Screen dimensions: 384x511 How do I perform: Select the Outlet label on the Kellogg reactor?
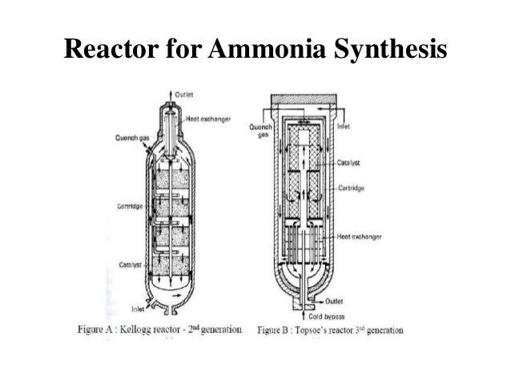(195, 95)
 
